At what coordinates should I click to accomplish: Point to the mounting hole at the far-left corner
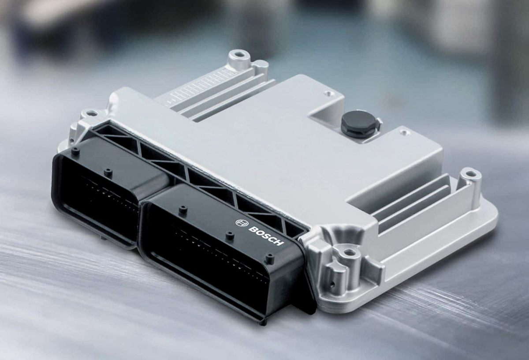pos(92,113)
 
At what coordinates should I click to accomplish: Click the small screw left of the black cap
pos(327,94)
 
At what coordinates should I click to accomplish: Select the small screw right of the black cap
pos(404,132)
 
